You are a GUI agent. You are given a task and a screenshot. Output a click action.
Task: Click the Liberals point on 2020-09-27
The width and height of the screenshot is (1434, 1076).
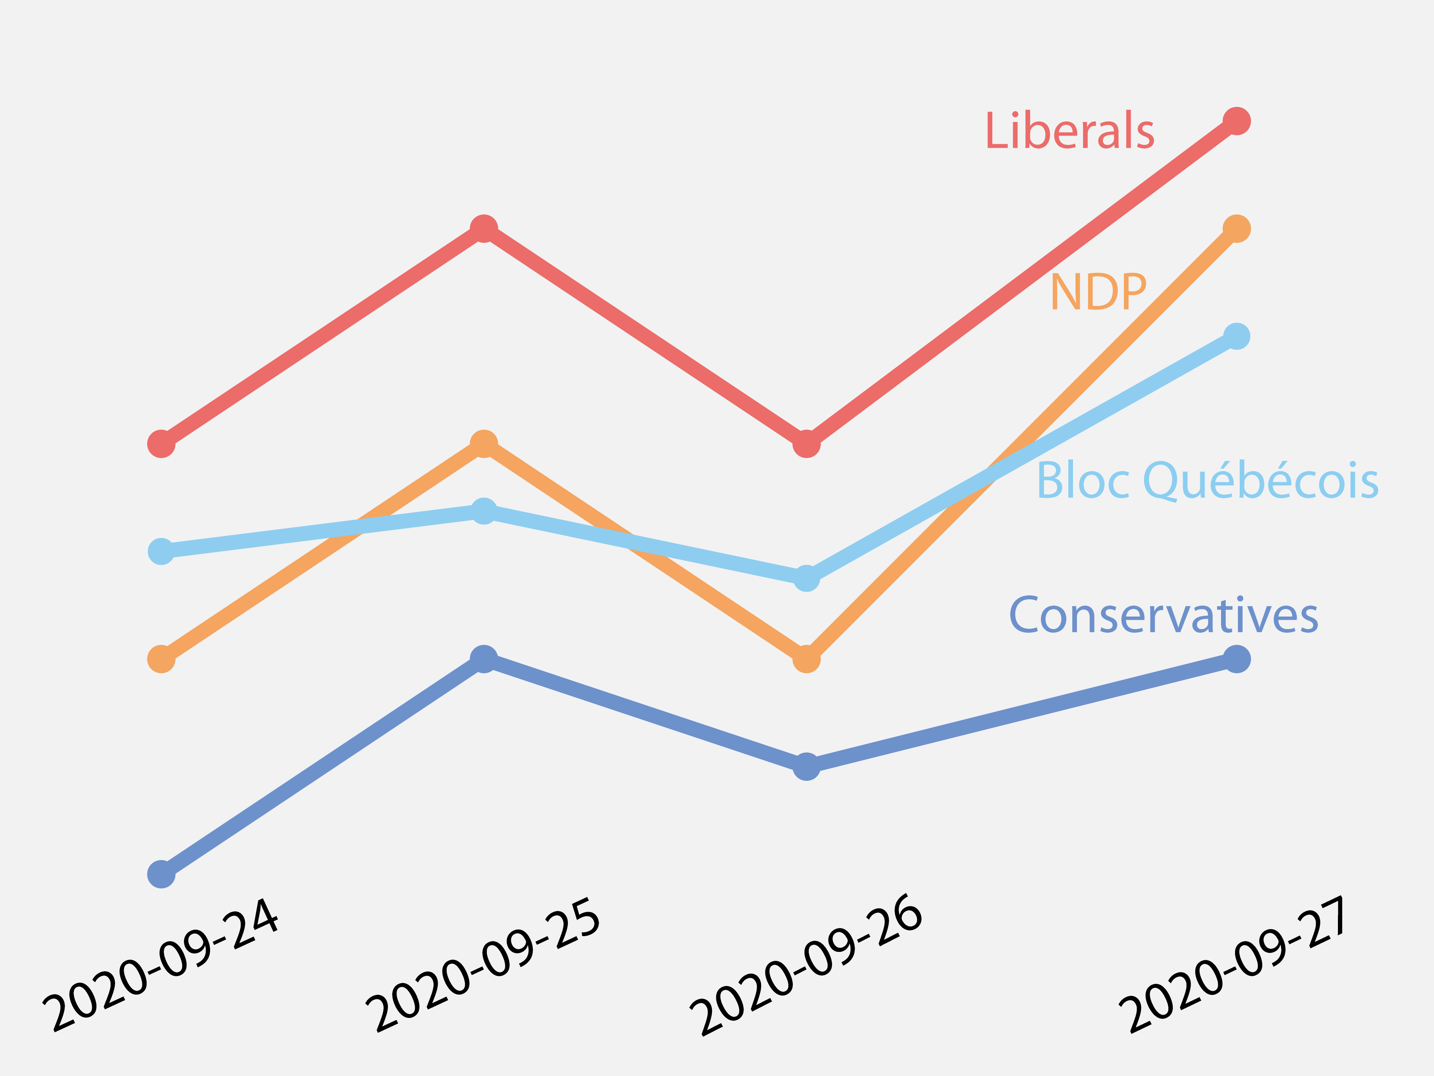coord(1236,121)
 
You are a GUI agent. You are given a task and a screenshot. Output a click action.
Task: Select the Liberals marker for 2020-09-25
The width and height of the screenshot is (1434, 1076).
coord(484,228)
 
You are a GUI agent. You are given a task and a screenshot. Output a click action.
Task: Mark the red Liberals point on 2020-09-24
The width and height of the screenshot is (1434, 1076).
coord(161,444)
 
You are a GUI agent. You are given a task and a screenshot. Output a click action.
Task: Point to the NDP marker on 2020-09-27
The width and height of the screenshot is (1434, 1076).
coord(1236,228)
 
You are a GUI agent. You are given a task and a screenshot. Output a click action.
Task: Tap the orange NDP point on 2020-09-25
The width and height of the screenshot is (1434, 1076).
coord(484,444)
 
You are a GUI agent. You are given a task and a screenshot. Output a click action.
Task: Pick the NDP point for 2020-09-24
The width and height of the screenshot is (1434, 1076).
coord(161,659)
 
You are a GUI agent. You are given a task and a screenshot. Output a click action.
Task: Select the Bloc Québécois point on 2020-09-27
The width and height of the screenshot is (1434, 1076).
coord(1236,336)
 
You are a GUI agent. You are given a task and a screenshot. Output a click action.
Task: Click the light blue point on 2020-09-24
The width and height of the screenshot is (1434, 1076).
coord(161,551)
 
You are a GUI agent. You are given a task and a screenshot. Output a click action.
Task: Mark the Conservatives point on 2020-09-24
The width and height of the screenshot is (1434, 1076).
coord(161,874)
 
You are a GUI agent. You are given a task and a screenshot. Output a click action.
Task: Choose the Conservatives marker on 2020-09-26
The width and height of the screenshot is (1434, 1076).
coord(807,766)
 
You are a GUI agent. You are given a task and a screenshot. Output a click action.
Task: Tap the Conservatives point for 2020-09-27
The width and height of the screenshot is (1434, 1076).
coord(1236,659)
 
